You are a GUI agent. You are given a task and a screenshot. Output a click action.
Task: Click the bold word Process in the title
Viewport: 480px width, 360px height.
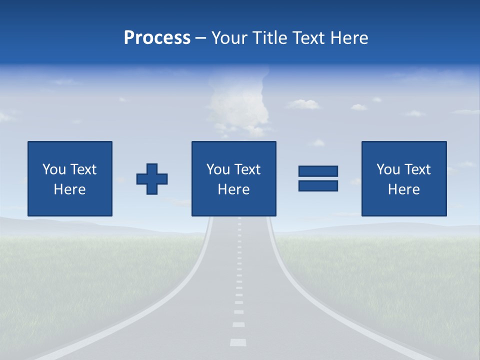[x=157, y=38]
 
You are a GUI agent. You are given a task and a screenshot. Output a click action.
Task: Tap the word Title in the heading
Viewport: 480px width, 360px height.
[x=270, y=38]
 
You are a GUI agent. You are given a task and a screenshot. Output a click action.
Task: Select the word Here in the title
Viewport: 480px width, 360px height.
[x=348, y=38]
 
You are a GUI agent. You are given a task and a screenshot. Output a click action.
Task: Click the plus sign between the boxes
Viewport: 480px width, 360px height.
[x=152, y=179]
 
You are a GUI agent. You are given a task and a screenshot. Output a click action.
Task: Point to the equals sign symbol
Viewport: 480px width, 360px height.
[x=318, y=178]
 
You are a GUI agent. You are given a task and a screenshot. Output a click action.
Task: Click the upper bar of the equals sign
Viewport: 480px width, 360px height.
[x=318, y=171]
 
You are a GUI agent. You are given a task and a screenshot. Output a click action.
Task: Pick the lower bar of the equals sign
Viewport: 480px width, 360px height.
[x=318, y=185]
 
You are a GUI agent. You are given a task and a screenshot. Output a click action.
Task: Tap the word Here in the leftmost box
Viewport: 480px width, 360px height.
[x=69, y=189]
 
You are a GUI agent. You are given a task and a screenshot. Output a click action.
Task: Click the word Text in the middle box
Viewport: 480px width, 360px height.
[x=247, y=169]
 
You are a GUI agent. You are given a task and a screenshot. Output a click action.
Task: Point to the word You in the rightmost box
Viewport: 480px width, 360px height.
[x=388, y=169]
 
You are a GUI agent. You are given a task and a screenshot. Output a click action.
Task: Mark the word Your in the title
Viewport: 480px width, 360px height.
[x=230, y=38]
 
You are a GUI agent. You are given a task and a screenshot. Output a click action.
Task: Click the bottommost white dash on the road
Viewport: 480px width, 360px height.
[x=238, y=342]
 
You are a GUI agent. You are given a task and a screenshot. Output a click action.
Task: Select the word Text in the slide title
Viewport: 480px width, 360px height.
[x=308, y=38]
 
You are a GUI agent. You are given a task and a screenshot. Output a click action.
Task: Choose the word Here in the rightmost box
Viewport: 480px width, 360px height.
[x=403, y=189]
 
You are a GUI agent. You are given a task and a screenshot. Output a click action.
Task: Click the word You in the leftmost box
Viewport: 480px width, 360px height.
[x=54, y=169]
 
